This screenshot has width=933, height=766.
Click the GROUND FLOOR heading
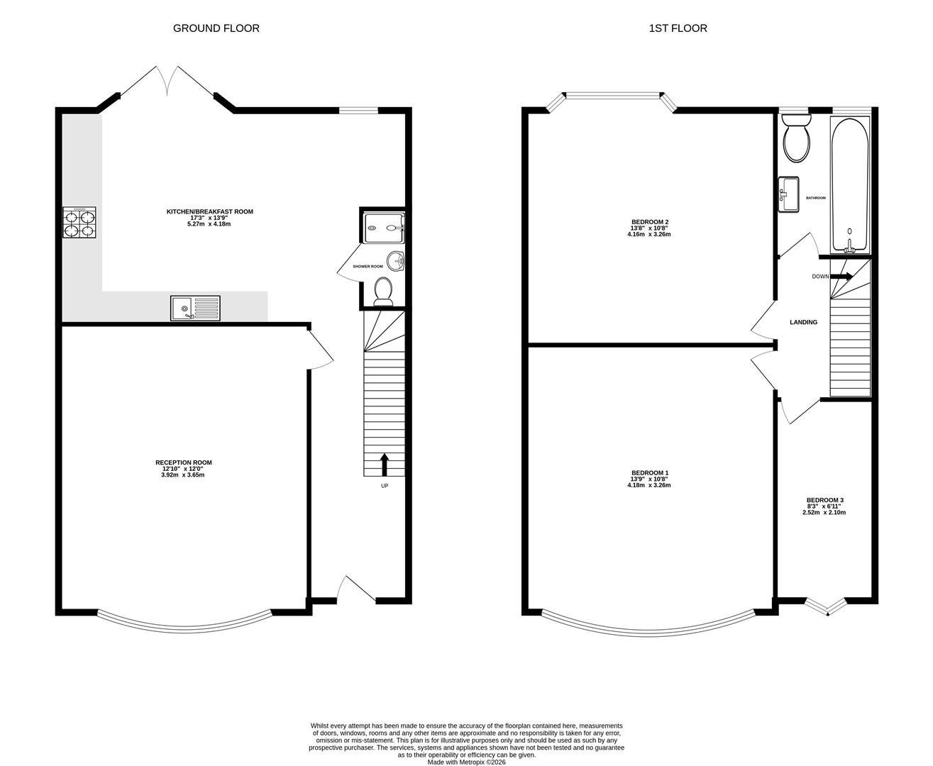[216, 28]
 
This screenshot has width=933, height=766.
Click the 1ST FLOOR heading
[678, 28]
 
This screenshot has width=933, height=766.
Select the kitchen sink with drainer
[195, 309]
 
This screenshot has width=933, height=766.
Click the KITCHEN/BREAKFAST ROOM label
[209, 211]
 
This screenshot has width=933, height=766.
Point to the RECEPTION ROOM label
[184, 462]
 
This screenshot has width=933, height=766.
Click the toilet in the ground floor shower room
[383, 292]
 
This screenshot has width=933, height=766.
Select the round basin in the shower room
[395, 261]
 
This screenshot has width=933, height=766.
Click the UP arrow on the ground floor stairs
[385, 465]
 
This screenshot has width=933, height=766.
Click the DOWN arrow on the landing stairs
[842, 276]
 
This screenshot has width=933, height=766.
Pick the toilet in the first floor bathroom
[795, 138]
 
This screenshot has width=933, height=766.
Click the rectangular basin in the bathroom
[789, 194]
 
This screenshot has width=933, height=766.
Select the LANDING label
[803, 322]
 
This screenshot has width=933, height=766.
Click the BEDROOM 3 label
[824, 500]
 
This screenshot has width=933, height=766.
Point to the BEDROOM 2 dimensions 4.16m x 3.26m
[648, 234]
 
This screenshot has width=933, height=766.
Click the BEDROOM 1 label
[649, 473]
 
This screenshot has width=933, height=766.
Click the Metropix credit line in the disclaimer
[466, 762]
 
